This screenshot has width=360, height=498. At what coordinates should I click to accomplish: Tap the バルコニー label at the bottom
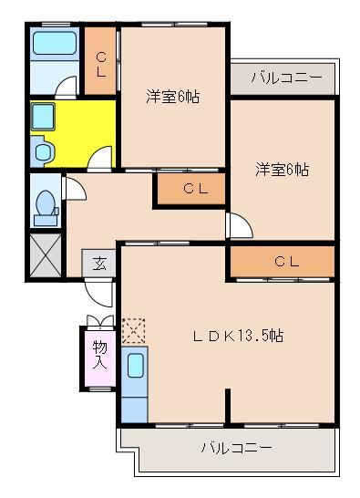click(x=236, y=448)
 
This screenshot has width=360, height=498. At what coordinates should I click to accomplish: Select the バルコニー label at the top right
click(x=285, y=78)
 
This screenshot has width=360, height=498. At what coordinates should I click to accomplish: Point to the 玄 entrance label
click(x=99, y=264)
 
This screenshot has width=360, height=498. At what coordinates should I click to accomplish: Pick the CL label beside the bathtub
click(x=101, y=63)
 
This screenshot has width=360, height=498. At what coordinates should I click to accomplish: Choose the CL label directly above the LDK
click(x=287, y=262)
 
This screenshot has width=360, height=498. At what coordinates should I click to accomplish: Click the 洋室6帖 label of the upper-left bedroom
click(x=172, y=96)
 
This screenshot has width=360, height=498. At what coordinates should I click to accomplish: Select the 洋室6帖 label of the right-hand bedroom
click(x=283, y=169)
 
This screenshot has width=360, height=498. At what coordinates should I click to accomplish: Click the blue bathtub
click(x=54, y=43)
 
